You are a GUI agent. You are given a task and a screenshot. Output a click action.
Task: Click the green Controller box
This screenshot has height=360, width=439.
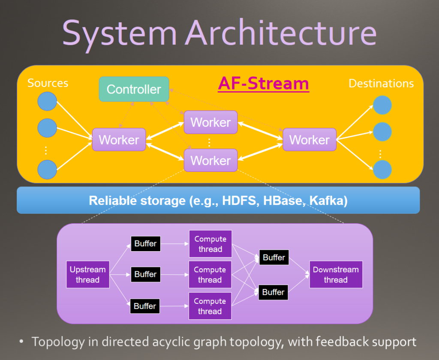[x=134, y=89]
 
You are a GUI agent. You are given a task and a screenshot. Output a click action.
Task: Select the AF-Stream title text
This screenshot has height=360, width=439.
[x=264, y=84]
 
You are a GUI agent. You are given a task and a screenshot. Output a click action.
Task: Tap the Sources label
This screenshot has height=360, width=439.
[x=48, y=83]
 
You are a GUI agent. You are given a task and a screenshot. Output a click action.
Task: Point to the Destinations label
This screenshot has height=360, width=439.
[x=381, y=84]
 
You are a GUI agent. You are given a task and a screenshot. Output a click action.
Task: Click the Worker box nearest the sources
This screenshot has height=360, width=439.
[x=119, y=140]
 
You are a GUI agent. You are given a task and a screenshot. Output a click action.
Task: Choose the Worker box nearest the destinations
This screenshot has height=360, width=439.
[x=310, y=140]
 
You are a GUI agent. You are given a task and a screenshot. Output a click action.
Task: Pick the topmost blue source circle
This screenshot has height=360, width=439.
[x=47, y=101]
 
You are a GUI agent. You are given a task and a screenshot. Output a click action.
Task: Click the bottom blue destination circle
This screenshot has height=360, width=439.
[x=382, y=170]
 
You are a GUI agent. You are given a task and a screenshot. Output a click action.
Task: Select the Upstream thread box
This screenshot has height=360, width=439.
[x=87, y=274]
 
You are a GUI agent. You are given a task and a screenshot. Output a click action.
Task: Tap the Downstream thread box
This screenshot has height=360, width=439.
[x=336, y=274]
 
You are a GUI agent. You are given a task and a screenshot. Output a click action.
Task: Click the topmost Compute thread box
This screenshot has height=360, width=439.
[x=210, y=244]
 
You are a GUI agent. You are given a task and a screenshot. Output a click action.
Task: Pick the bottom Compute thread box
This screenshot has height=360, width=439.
[x=210, y=306]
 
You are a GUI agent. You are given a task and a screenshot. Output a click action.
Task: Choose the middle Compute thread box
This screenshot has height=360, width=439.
[x=210, y=274]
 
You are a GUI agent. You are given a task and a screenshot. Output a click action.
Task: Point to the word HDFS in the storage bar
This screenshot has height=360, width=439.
[x=239, y=201]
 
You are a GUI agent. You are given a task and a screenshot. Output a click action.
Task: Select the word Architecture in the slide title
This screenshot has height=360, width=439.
[x=281, y=33]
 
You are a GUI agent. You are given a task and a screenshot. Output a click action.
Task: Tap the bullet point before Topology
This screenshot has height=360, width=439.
[x=21, y=342]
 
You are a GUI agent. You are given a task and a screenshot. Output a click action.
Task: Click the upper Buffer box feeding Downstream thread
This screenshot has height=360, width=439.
[x=274, y=257]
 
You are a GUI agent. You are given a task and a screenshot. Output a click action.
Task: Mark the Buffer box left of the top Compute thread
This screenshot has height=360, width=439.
[x=146, y=243]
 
